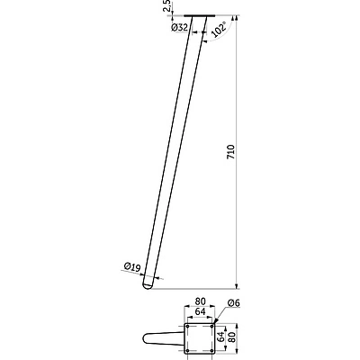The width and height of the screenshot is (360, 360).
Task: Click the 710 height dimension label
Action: pyautogui.click(x=231, y=152)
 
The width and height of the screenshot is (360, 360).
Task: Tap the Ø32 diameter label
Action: pyautogui.click(x=179, y=28)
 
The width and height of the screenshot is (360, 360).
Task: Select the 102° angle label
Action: pyautogui.click(x=220, y=30)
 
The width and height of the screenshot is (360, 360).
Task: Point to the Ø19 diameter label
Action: pyautogui.click(x=132, y=266)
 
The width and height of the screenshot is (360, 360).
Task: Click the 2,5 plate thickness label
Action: pyautogui.click(x=167, y=5)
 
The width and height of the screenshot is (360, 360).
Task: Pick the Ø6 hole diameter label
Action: pyautogui.click(x=234, y=303)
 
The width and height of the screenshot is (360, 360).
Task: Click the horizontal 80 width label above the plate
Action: pyautogui.click(x=200, y=301)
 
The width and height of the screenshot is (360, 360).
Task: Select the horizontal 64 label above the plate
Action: pyautogui.click(x=200, y=311)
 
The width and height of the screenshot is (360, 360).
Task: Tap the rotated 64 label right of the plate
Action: pyautogui.click(x=220, y=337)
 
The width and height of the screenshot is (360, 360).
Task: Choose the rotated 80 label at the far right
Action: pyautogui.click(x=230, y=337)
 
